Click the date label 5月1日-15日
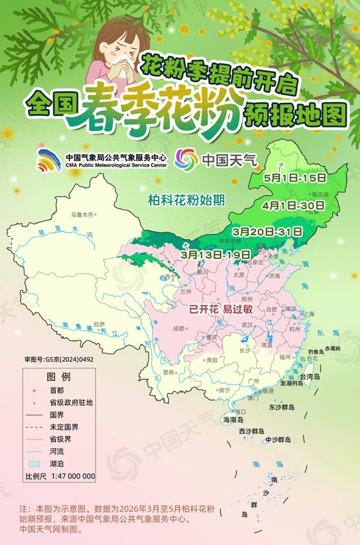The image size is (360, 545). [294, 177]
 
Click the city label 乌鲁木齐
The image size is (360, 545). [84, 215]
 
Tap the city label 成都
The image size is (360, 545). [177, 328]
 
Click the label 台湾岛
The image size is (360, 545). [311, 376]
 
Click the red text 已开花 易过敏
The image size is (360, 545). [219, 309]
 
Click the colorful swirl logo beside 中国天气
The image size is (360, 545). [186, 159]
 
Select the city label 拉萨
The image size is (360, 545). [100, 323]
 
